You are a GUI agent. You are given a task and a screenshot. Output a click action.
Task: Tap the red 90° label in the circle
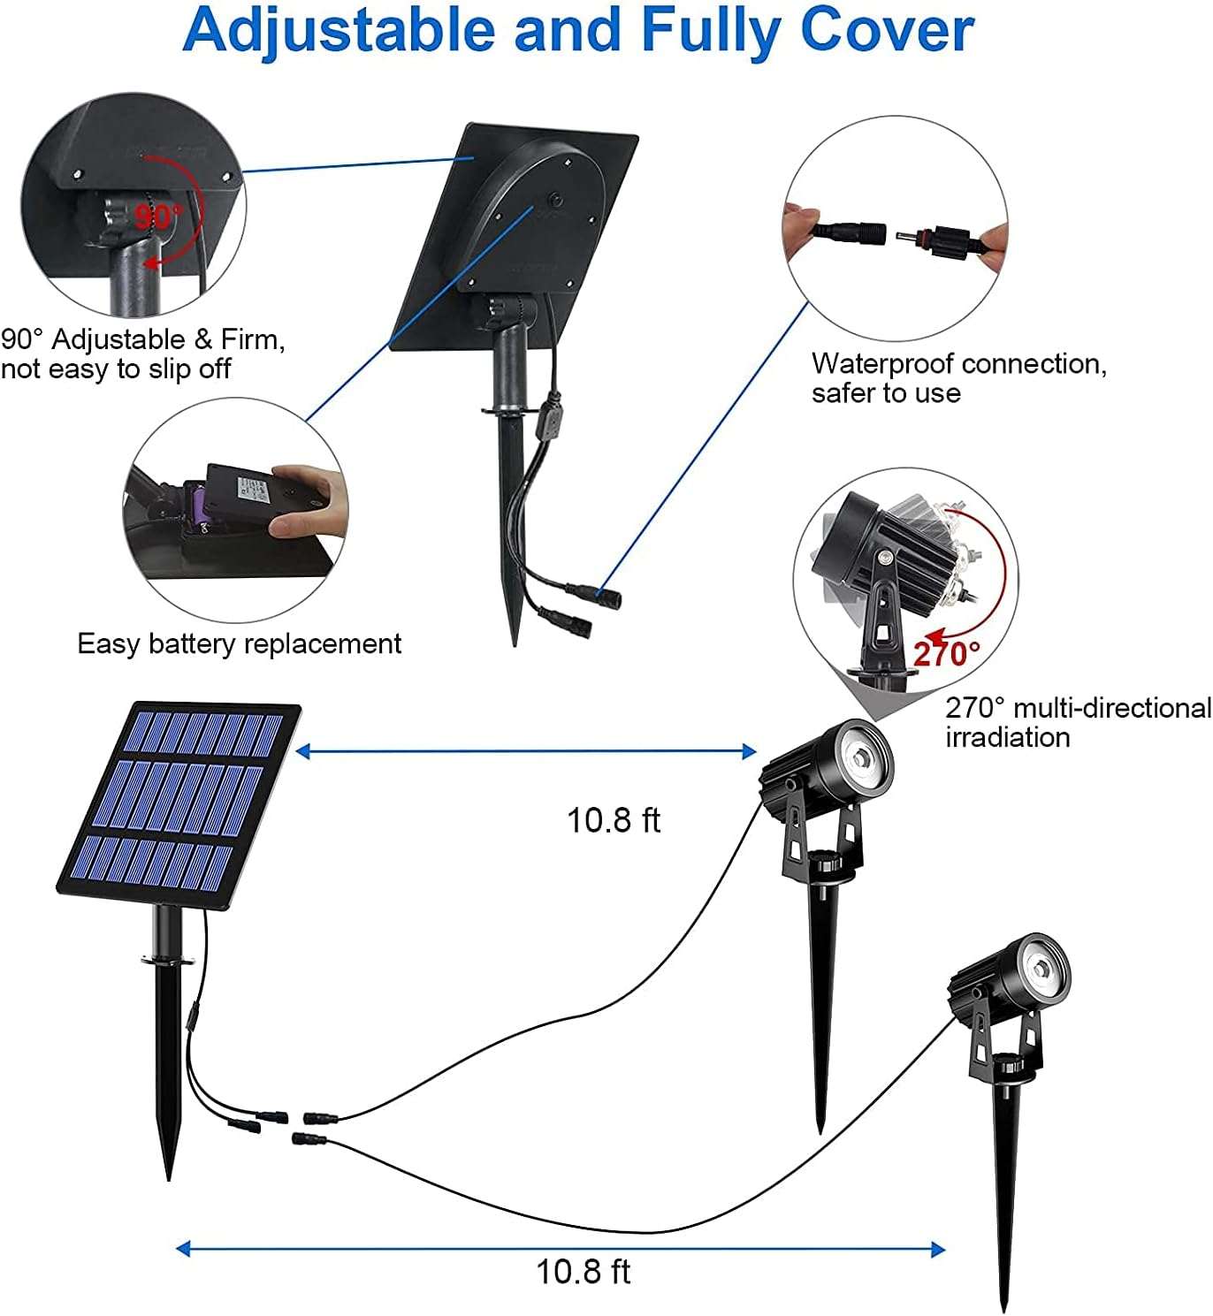point(159,217)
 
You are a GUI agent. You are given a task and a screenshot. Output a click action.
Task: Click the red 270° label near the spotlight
point(946,654)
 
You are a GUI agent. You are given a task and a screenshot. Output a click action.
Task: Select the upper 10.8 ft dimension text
point(613,820)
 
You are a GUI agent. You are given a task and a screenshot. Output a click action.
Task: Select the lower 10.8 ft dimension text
point(583,1272)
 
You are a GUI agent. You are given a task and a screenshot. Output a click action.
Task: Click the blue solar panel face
point(177,804)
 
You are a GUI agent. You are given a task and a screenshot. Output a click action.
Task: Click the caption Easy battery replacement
point(239,643)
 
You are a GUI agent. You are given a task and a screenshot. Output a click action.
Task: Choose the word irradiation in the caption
point(1007,737)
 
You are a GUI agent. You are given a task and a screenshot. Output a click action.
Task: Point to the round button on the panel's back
point(558,199)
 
